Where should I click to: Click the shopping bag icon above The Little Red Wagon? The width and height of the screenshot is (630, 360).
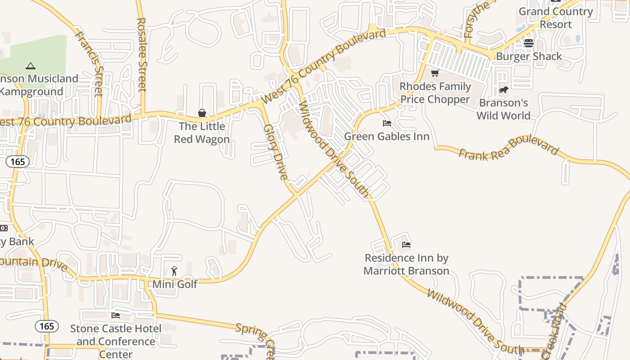[x=202, y=113]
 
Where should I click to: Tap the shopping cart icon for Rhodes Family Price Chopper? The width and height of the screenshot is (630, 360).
[x=435, y=73]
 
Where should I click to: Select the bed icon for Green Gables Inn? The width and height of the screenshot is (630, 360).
[x=387, y=123]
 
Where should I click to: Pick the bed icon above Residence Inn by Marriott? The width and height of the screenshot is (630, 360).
[x=406, y=245]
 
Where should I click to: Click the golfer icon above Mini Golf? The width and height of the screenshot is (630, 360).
[x=175, y=271]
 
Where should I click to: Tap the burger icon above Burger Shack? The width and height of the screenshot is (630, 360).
[x=528, y=43]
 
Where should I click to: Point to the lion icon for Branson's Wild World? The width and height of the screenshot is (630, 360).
[x=504, y=90]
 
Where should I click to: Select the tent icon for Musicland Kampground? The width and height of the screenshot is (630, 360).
[x=31, y=66]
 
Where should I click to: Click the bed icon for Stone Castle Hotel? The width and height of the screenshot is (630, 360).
[x=116, y=315]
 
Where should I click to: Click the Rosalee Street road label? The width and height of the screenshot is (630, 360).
[x=142, y=54]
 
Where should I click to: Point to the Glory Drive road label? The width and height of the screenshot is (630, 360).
[x=275, y=152]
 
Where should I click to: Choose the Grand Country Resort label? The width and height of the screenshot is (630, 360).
[x=556, y=18]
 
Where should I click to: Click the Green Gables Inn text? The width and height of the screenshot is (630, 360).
[x=387, y=136]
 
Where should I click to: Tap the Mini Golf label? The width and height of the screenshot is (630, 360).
[x=175, y=284]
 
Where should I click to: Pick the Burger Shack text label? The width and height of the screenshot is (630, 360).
[x=529, y=56]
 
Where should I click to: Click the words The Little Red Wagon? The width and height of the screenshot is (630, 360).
[x=202, y=133]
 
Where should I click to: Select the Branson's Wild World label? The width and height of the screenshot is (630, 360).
[x=504, y=109]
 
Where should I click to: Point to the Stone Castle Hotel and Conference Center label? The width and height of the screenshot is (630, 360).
[x=116, y=342]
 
